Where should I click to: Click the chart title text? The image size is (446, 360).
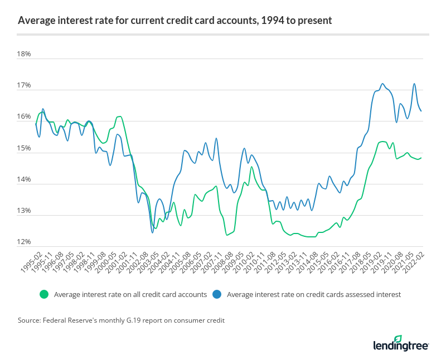click(174, 21)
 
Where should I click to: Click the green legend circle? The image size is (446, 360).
click(45, 294)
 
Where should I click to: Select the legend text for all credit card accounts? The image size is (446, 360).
click(130, 294)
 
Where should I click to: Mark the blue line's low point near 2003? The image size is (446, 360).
click(152, 232)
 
